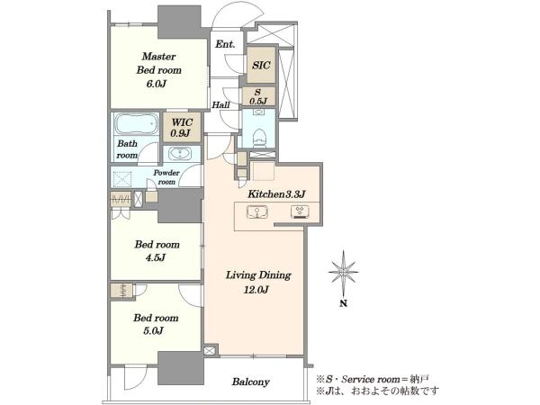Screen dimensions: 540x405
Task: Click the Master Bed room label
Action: (x=158, y=70)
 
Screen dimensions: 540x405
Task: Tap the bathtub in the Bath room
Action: (x=137, y=123)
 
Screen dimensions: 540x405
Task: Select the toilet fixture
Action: (x=258, y=138)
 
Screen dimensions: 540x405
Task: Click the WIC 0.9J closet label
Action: (x=182, y=128)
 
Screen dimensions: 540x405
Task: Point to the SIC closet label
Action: (x=261, y=65)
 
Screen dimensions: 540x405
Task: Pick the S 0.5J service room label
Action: (x=258, y=97)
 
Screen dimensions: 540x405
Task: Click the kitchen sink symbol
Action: (x=256, y=211)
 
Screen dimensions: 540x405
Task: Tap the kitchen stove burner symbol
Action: (x=300, y=211)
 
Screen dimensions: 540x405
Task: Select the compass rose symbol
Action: (x=344, y=272)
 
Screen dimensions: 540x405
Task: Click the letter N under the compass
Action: (x=344, y=304)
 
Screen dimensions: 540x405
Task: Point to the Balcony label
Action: (x=250, y=382)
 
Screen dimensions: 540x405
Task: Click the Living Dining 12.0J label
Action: (x=258, y=283)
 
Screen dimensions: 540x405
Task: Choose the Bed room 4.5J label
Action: (x=157, y=251)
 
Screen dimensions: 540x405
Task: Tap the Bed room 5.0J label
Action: (x=156, y=324)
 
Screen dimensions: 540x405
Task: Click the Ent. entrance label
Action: (x=225, y=44)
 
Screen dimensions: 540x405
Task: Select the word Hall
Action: (x=220, y=104)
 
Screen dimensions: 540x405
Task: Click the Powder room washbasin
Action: (x=180, y=154)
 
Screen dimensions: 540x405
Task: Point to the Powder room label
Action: (x=166, y=177)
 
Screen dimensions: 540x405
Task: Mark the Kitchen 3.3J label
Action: (x=276, y=194)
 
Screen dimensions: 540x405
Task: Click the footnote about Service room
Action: (x=373, y=379)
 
